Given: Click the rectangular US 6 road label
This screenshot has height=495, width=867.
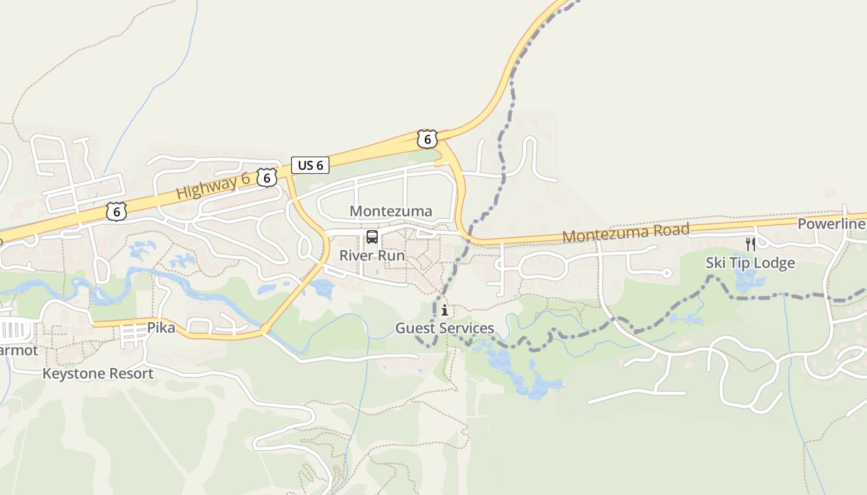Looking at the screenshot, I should coord(310,165).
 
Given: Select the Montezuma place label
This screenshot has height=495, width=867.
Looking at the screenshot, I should coord(391,212).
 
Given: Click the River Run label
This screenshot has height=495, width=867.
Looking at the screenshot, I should coord(372,256).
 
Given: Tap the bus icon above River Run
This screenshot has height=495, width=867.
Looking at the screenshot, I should coord(372,236).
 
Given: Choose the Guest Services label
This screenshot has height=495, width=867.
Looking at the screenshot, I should coord(445,328).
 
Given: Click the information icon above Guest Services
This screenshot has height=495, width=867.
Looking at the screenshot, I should coord(445,310).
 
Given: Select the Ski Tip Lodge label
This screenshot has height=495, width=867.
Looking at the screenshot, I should coord(750,263).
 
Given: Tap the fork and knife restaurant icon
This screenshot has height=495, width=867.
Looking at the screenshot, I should coord(750,244).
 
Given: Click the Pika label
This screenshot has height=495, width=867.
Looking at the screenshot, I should coord(160,328).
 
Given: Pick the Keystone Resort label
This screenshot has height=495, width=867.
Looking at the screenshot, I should coord(98,374).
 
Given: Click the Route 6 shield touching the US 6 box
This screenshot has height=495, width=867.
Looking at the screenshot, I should coord(267,178).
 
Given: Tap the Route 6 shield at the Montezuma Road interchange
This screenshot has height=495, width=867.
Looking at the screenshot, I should coord(427,139).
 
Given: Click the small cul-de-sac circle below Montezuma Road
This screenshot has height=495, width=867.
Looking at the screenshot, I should coord(667,273).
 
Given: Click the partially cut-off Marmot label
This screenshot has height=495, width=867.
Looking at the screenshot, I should coord(19,351).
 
